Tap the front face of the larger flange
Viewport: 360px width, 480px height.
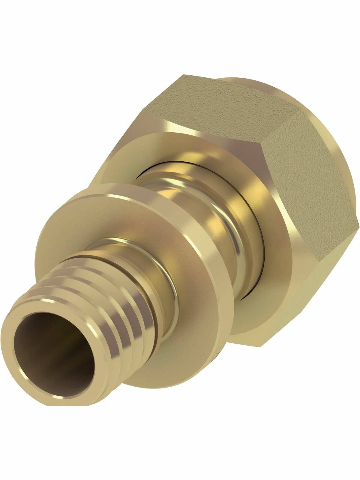126,156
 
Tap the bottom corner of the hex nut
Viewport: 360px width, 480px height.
261,345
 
